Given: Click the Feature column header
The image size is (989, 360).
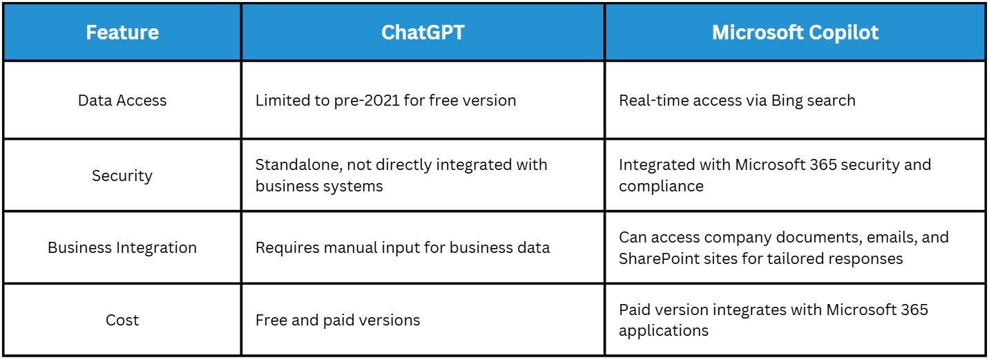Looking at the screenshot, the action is click(x=122, y=32).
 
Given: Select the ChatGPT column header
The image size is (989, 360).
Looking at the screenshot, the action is click(x=423, y=32).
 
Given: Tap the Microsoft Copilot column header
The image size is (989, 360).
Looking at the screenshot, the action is click(x=795, y=32).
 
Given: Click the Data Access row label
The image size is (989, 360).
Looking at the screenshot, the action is click(x=122, y=100).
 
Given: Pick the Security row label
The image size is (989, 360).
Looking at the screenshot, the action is click(x=122, y=176).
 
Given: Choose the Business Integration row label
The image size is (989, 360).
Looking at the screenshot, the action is click(x=122, y=248).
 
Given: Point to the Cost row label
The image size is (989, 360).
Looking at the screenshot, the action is click(x=122, y=320).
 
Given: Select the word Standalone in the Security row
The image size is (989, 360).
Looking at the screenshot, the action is click(x=299, y=164).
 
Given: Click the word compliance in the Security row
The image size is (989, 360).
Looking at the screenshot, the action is click(x=661, y=187).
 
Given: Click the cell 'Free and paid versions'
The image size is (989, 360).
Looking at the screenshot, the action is click(x=338, y=320).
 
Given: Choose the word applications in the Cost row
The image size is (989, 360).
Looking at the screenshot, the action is click(x=664, y=331).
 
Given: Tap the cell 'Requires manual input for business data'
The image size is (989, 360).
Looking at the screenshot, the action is click(x=403, y=248).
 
